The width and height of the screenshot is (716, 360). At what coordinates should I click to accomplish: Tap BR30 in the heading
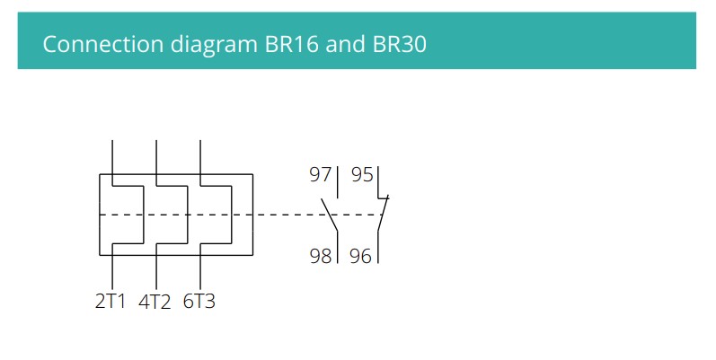point(399,43)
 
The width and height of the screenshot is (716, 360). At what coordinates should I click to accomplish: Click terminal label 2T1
point(111,302)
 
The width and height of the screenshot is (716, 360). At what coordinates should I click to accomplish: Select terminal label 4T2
point(155,302)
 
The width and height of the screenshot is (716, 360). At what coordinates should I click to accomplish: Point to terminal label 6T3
point(199,302)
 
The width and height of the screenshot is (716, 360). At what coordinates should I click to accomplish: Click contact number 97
point(320,174)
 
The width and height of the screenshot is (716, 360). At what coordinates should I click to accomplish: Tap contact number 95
point(361,174)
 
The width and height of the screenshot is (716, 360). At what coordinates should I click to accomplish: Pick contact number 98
point(320,256)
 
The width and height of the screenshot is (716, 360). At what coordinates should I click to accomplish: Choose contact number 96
point(360,256)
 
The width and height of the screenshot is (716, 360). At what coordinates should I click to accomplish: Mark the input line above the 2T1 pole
point(112,157)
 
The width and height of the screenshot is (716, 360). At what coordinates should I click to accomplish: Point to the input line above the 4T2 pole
point(156,157)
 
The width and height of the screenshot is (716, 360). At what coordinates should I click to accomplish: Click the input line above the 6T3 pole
point(199,157)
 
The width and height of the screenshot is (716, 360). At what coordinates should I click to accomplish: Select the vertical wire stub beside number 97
point(337,180)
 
